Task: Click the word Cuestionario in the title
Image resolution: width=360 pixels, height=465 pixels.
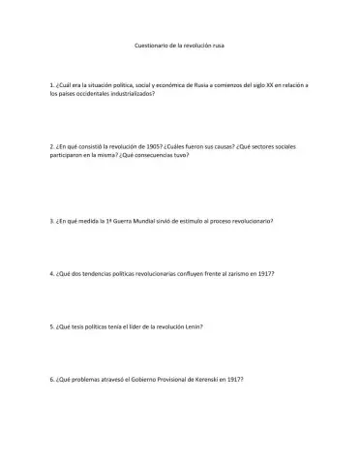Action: coord(146,46)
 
